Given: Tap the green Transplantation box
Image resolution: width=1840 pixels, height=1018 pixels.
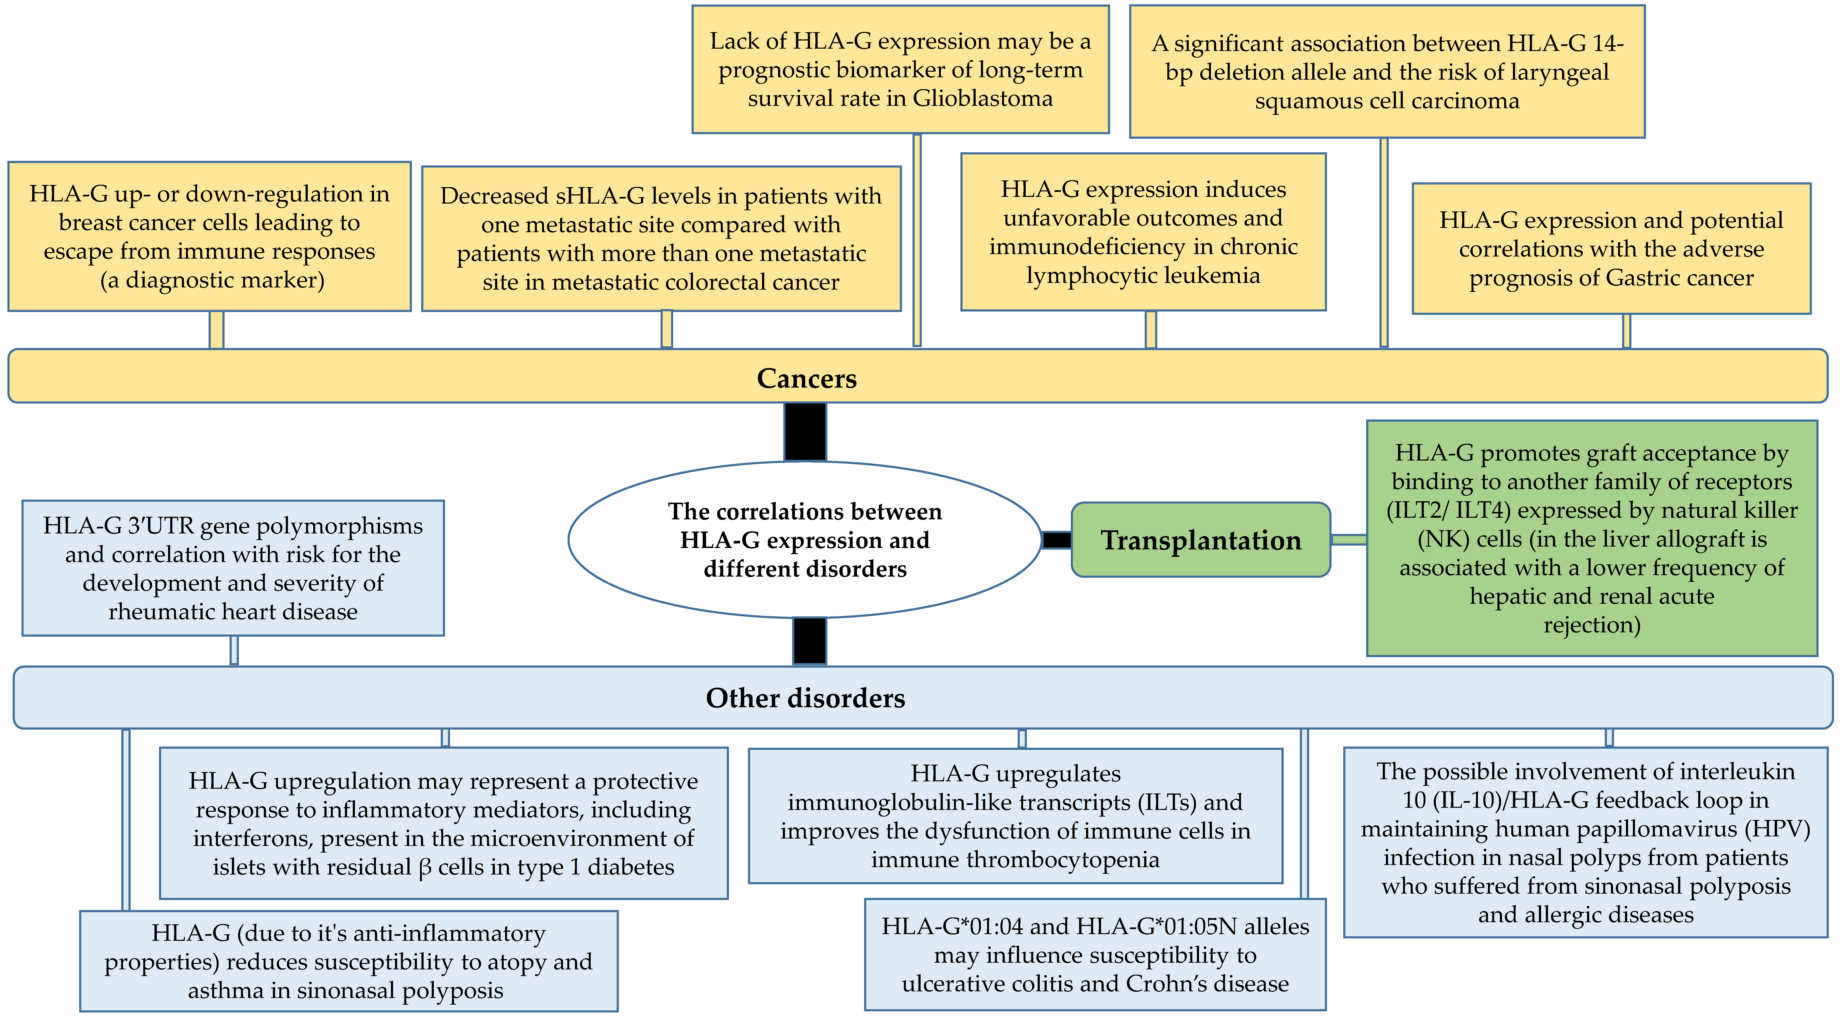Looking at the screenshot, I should (1201, 540).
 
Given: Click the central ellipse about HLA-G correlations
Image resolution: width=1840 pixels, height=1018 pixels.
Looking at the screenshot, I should (805, 540).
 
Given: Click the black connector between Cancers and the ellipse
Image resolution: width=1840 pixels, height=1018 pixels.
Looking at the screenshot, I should (805, 431).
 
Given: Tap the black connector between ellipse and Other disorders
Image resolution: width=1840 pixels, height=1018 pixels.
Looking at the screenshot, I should (809, 641).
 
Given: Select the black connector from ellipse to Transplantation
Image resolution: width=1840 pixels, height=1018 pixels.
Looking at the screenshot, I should (1056, 540).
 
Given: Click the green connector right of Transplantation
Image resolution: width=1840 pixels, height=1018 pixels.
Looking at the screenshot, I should (1348, 540).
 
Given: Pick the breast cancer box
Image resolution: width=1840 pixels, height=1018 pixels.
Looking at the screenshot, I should (209, 236).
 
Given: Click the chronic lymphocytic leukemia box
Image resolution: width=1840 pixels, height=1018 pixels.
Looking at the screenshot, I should (1143, 232).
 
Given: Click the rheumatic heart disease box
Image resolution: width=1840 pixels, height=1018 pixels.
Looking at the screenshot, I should (233, 568).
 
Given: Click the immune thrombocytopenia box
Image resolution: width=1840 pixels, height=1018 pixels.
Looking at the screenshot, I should (1015, 816).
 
